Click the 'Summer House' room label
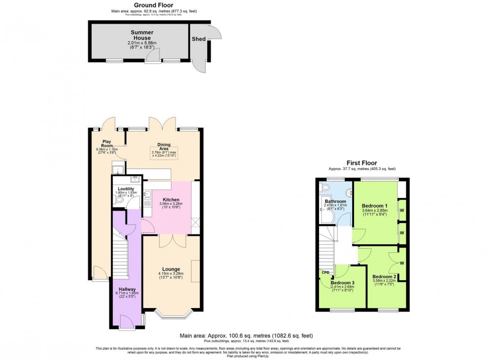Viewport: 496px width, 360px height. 141,35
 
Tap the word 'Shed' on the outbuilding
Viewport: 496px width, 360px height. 198,39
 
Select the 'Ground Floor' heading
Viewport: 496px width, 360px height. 140,5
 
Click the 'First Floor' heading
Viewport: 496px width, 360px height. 361,163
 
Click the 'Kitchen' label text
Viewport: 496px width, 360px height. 171,200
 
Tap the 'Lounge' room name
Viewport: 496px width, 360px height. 171,269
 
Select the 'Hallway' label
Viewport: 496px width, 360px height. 125,290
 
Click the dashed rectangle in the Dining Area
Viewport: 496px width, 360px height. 164,153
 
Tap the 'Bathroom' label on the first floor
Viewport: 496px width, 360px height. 335,201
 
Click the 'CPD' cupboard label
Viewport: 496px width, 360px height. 325,273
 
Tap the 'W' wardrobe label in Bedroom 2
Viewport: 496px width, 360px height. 402,264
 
